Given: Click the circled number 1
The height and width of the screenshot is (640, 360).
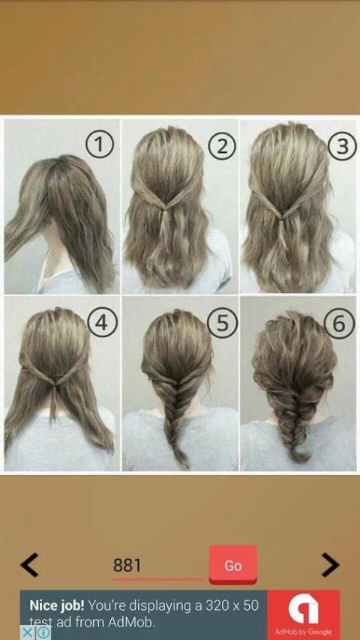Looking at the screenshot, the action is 98,145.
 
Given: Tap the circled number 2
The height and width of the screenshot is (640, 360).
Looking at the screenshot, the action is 221,145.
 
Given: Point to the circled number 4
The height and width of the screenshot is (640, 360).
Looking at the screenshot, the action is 102,322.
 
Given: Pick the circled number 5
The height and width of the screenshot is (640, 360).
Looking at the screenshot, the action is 222,322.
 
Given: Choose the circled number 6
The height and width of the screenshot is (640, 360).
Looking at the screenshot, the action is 340,322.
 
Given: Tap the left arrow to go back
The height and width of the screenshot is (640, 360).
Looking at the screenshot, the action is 29,565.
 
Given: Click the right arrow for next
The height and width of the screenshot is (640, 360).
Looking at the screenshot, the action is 330,565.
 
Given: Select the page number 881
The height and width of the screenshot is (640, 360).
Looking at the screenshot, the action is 127,565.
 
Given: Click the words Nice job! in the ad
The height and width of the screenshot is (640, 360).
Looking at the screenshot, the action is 57,606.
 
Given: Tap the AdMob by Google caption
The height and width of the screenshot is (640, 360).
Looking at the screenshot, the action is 303,632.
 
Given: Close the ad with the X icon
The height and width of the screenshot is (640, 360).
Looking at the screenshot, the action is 26,633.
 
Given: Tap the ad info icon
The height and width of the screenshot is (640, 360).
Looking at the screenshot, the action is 43,633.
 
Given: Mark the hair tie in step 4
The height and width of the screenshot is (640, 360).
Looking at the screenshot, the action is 55,384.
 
